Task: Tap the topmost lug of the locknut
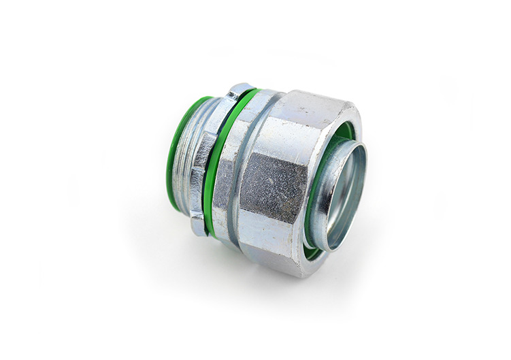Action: [240, 89]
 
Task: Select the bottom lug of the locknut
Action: [198, 223]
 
